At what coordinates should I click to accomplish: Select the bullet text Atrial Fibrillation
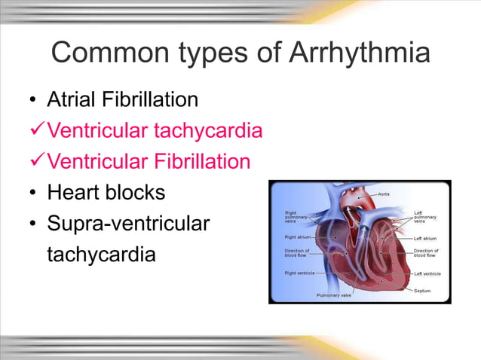pos(123,99)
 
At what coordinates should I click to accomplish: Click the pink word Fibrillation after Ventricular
pos(201,162)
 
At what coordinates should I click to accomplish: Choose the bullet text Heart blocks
pos(106,193)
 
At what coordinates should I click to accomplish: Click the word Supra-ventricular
pos(127,224)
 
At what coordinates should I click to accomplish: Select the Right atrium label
pos(295,236)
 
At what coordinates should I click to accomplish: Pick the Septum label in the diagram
pos(422,290)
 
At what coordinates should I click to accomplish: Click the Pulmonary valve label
pos(334,296)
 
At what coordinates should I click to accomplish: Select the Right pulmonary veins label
pos(296,217)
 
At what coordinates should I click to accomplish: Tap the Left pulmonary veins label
pos(425,217)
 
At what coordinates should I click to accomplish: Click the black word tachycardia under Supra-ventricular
pos(101,255)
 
